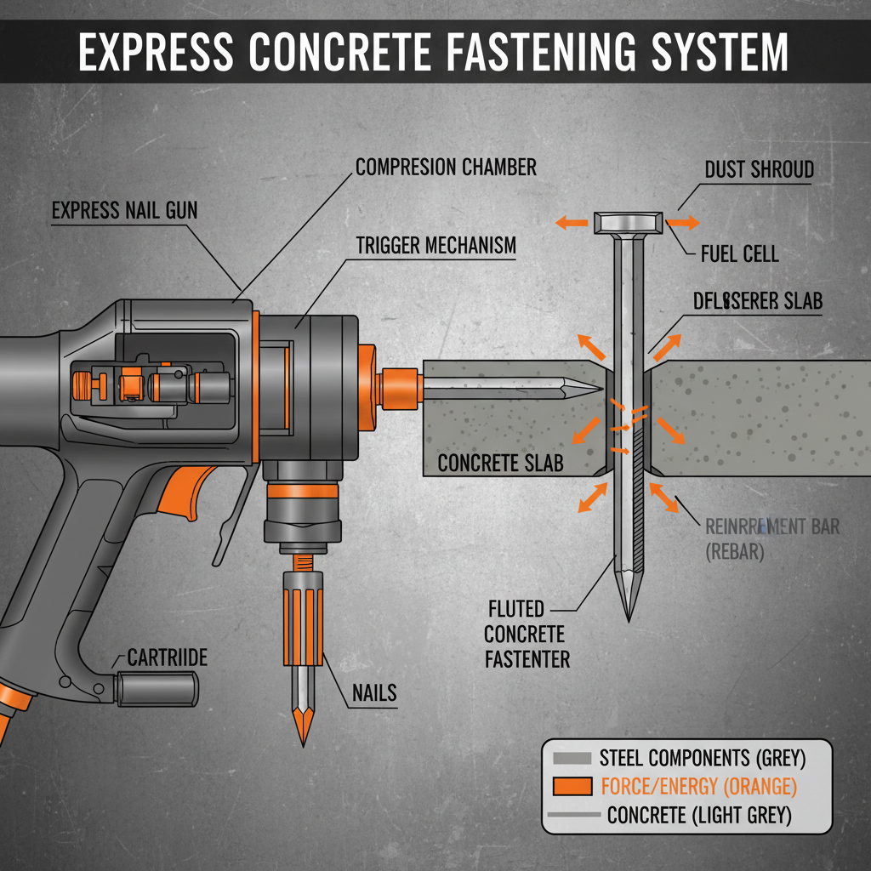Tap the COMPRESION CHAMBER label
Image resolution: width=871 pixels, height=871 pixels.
pyautogui.click(x=446, y=167)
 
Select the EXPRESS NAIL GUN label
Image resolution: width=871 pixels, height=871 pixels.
pyautogui.click(x=124, y=210)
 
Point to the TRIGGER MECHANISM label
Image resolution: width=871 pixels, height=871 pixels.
pyautogui.click(x=435, y=246)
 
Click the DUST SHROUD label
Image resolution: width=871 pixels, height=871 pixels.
pyautogui.click(x=759, y=170)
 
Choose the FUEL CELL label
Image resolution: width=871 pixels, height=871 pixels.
pyautogui.click(x=739, y=253)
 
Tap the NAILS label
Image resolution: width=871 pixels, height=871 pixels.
pyautogui.click(x=374, y=692)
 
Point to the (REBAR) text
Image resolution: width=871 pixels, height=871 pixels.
pyautogui.click(x=735, y=551)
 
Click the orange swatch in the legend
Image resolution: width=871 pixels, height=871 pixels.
pyautogui.click(x=571, y=786)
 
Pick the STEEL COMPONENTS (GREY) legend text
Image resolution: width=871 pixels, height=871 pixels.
pyautogui.click(x=702, y=756)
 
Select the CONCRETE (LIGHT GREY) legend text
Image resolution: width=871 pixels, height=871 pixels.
pyautogui.click(x=699, y=816)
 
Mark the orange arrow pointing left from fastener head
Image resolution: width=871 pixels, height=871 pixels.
pyautogui.click(x=571, y=223)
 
